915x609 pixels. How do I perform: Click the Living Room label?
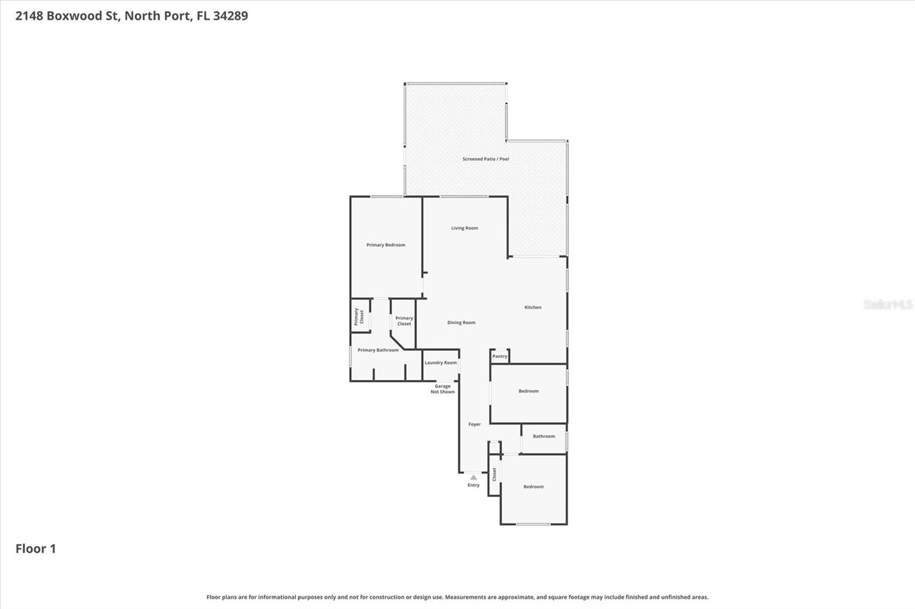click(x=464, y=228)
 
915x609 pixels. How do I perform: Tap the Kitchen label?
click(x=533, y=307)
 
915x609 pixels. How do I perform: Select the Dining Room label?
click(x=461, y=323)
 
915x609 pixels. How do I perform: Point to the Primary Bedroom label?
click(x=385, y=245)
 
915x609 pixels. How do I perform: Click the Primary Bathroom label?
click(x=378, y=350)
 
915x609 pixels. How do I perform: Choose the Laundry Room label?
click(x=440, y=363)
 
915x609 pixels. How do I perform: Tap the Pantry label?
click(x=500, y=356)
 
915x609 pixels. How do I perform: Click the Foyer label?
click(x=475, y=424)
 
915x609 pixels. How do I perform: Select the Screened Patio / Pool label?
click(x=486, y=159)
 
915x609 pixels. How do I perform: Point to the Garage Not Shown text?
click(x=443, y=389)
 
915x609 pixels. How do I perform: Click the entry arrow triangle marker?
click(x=474, y=477)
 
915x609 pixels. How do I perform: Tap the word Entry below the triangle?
click(x=474, y=485)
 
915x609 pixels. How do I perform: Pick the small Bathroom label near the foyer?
click(x=544, y=436)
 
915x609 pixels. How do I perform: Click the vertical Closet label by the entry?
click(x=495, y=474)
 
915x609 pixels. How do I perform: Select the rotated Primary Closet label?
click(x=359, y=316)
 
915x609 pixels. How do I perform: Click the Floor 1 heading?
click(x=35, y=549)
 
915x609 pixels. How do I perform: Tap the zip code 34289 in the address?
click(x=230, y=16)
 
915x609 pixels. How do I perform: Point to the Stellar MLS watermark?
click(x=888, y=304)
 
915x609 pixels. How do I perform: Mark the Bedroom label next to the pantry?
click(x=528, y=391)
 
